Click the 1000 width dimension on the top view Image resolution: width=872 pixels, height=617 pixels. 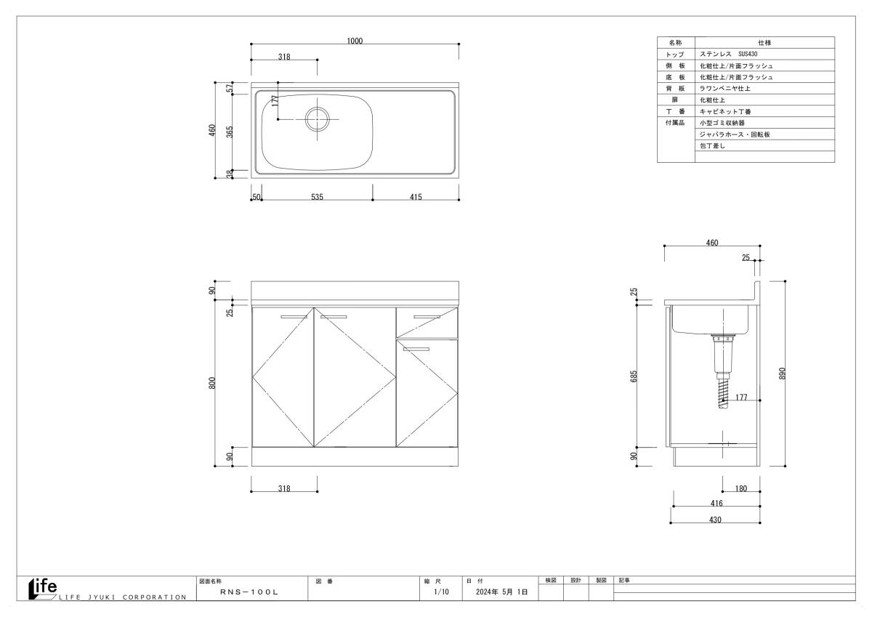tap(355, 41)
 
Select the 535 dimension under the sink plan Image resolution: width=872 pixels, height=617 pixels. tap(317, 197)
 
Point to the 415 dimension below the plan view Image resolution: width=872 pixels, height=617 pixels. tap(416, 197)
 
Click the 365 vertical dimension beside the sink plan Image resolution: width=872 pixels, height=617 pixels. tap(230, 132)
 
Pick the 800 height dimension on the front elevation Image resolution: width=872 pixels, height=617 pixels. tap(211, 383)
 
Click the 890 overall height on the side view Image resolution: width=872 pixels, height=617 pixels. tap(783, 374)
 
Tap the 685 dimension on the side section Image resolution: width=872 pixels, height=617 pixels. tap(634, 376)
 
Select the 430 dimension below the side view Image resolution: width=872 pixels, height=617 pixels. tap(715, 520)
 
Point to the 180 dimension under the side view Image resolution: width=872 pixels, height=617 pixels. tap(740, 488)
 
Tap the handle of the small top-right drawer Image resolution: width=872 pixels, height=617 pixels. tap(427, 317)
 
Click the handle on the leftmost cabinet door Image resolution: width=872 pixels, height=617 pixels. tap(294, 317)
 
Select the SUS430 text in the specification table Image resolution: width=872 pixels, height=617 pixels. tap(748, 54)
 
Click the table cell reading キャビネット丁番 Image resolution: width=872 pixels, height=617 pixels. tap(725, 112)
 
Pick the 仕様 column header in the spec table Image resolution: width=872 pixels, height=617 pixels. tap(764, 43)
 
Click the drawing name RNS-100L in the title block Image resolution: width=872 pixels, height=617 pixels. tap(249, 592)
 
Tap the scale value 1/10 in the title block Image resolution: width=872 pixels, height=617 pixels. tap(441, 592)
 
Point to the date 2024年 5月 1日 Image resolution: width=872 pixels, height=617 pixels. tap(502, 592)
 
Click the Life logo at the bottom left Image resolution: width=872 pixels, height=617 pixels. tap(43, 589)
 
